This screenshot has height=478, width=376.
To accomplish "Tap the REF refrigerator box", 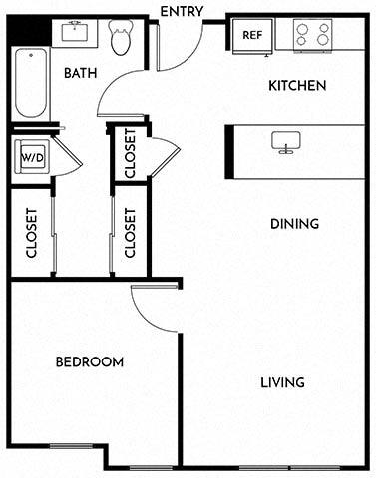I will (x=253, y=36).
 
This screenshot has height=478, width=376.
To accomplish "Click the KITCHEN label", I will (x=296, y=86).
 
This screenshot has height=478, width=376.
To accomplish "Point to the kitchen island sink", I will (x=285, y=142).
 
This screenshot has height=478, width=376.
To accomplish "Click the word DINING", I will (x=294, y=224).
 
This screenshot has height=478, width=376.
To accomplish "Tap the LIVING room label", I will (x=282, y=382).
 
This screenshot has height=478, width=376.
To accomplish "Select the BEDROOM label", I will (x=90, y=361).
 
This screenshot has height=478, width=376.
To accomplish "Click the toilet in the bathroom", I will (x=121, y=39).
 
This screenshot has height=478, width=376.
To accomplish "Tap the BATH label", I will (x=80, y=73).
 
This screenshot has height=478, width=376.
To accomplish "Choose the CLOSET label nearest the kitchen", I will (x=130, y=155).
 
